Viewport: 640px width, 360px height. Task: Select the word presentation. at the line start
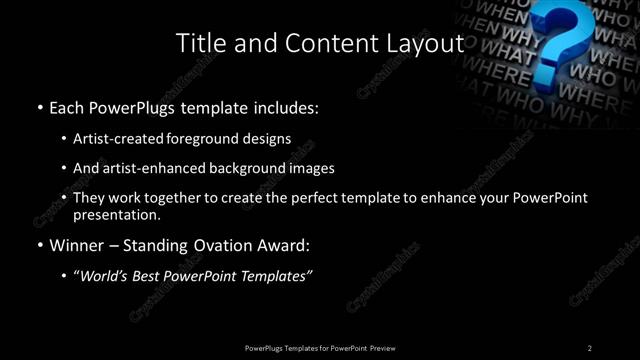click(116, 214)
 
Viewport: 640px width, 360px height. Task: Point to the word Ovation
click(221, 245)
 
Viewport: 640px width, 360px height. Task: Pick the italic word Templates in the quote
click(277, 276)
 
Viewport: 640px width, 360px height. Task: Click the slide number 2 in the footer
click(589, 347)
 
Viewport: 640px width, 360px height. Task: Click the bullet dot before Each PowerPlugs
click(39, 106)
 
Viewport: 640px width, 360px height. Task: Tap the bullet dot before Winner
click(39, 245)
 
